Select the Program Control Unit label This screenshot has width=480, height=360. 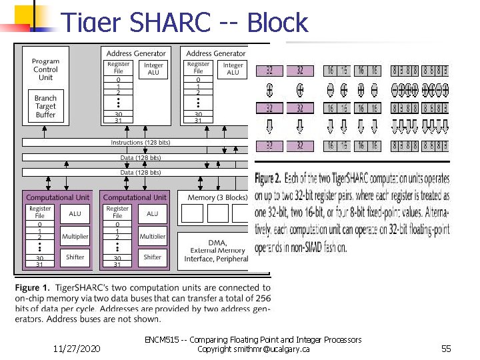point(45,69)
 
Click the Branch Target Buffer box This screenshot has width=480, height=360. point(45,106)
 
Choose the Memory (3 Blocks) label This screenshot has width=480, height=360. point(217,197)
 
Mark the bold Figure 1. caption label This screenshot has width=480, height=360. point(34,287)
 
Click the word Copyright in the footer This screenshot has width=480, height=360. point(215,349)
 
